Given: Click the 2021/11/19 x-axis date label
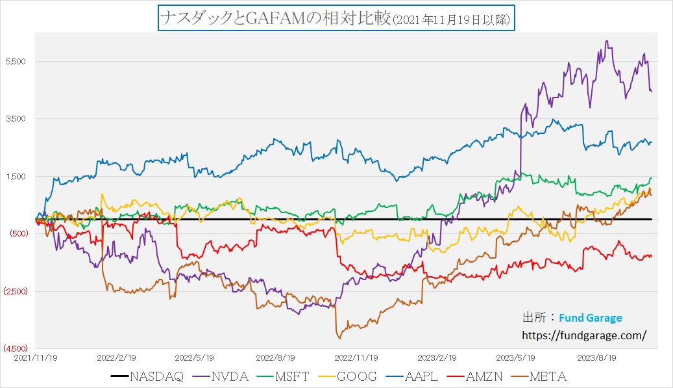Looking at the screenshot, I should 36,357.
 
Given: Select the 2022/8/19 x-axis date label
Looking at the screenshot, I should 276,357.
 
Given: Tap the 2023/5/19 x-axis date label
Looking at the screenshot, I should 515,357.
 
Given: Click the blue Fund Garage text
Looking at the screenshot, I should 590,318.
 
